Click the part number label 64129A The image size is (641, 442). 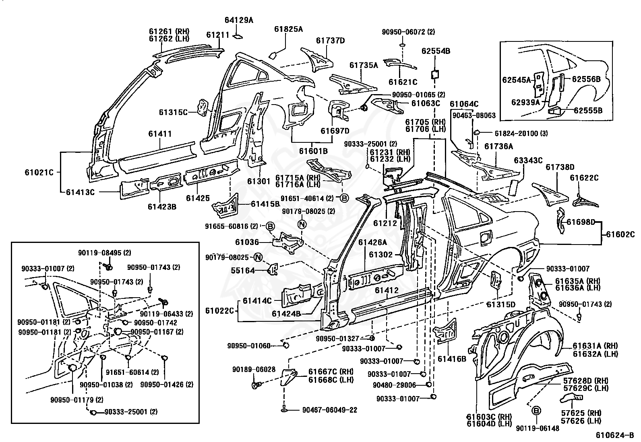click(x=239, y=20)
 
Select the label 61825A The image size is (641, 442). click(x=288, y=29)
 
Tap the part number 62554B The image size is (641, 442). click(x=436, y=51)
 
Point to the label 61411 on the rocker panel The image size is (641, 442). click(x=160, y=134)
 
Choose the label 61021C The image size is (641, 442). click(x=39, y=173)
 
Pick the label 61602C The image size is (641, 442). click(x=620, y=234)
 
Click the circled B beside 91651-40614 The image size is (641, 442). click(x=344, y=198)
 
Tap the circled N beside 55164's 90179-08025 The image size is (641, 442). click(x=258, y=257)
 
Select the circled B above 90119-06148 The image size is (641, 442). click(x=536, y=411)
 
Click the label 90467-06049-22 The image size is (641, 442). click(x=330, y=410)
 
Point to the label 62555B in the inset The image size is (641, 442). click(x=588, y=111)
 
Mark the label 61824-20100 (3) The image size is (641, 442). click(x=521, y=133)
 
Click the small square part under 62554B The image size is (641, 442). click(x=435, y=75)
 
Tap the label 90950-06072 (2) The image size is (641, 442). click(x=408, y=32)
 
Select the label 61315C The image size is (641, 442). click(x=173, y=112)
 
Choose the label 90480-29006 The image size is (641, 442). click(x=394, y=385)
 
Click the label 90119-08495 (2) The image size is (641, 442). click(x=104, y=253)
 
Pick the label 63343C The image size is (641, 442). click(x=528, y=160)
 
